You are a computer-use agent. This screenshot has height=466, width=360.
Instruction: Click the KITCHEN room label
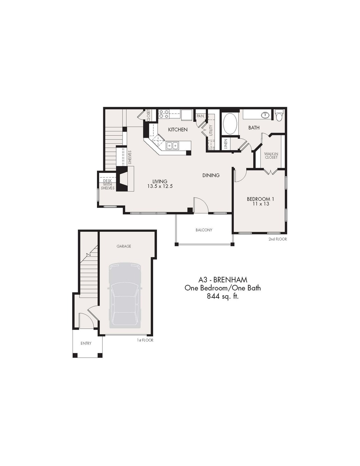pyautogui.click(x=178, y=129)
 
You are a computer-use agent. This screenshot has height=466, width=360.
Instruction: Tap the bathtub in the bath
pyautogui.click(x=230, y=124)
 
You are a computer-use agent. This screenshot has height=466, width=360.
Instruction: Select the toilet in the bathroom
pyautogui.click(x=279, y=115)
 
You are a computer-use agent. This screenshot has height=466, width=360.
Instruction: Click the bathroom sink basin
pyautogui.click(x=266, y=115)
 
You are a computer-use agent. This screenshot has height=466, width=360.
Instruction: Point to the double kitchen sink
pyautogui.click(x=173, y=146)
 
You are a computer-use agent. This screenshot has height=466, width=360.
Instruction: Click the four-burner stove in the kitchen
pyautogui.click(x=164, y=114)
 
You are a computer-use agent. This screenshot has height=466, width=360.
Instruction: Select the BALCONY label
pyautogui.click(x=204, y=230)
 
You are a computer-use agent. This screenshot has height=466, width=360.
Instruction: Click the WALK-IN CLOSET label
pyautogui.click(x=271, y=156)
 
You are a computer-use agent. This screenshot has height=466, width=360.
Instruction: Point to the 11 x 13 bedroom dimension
pyautogui.click(x=261, y=204)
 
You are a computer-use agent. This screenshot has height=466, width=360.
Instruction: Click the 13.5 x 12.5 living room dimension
pyautogui.click(x=160, y=186)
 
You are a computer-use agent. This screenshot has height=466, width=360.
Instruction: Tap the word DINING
pyautogui.click(x=211, y=175)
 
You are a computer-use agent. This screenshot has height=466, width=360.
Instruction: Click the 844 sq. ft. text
pyautogui.click(x=223, y=296)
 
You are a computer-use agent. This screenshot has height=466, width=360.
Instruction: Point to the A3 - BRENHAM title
pyautogui.click(x=223, y=280)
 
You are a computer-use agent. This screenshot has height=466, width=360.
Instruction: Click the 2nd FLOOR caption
pyautogui.click(x=278, y=239)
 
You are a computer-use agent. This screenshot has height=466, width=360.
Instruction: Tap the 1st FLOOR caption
pyautogui.click(x=145, y=340)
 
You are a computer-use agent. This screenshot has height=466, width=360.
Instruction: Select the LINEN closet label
pyautogui.click(x=226, y=144)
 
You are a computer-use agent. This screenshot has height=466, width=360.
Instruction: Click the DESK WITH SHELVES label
pyautogui.click(x=108, y=185)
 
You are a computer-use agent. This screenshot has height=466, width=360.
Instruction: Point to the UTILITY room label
pyautogui.click(x=211, y=130)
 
